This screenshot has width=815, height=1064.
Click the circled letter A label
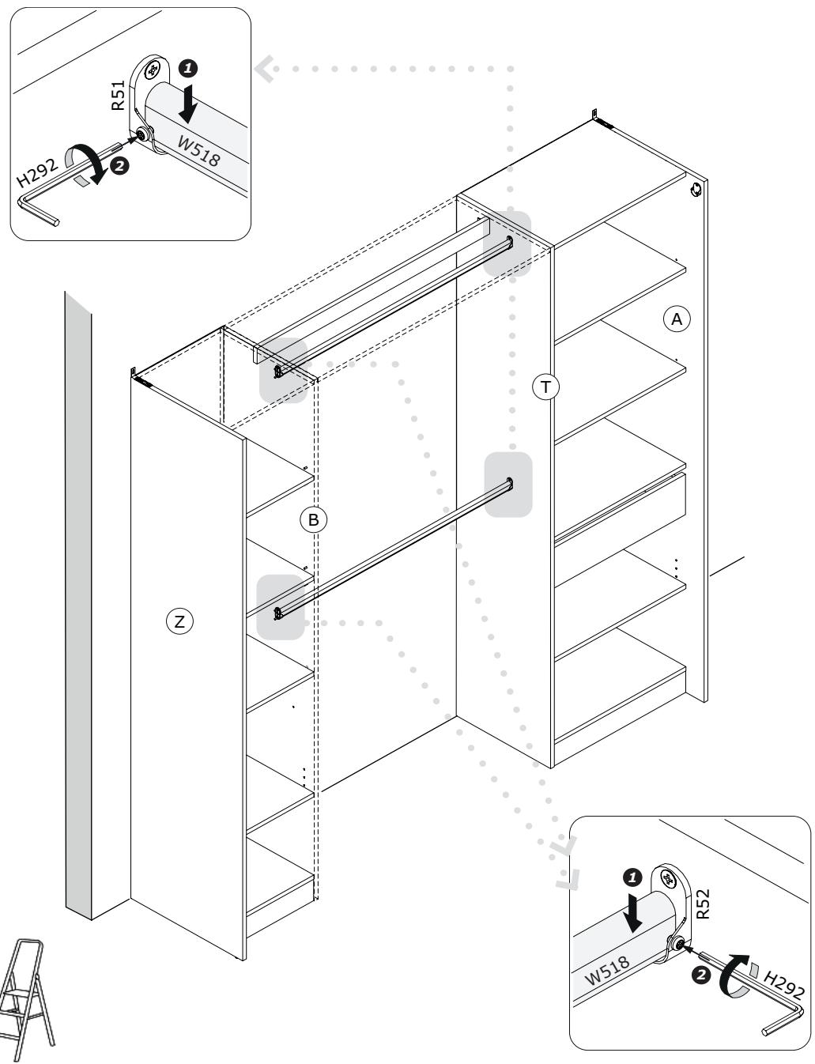676,319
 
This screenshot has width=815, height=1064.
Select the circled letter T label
545,387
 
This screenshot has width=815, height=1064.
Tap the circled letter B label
314,519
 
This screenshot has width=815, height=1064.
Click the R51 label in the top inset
118,96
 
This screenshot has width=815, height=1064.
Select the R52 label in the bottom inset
703,904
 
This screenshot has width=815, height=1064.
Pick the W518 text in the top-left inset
198,150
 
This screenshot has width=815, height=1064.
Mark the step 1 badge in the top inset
187,68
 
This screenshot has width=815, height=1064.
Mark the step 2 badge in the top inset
120,166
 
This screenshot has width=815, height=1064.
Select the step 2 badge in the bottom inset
700,976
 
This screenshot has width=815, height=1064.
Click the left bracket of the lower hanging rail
278,613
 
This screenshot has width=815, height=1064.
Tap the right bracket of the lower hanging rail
509,483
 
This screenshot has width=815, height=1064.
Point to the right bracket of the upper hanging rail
509,243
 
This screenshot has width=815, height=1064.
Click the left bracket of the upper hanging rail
278,370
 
